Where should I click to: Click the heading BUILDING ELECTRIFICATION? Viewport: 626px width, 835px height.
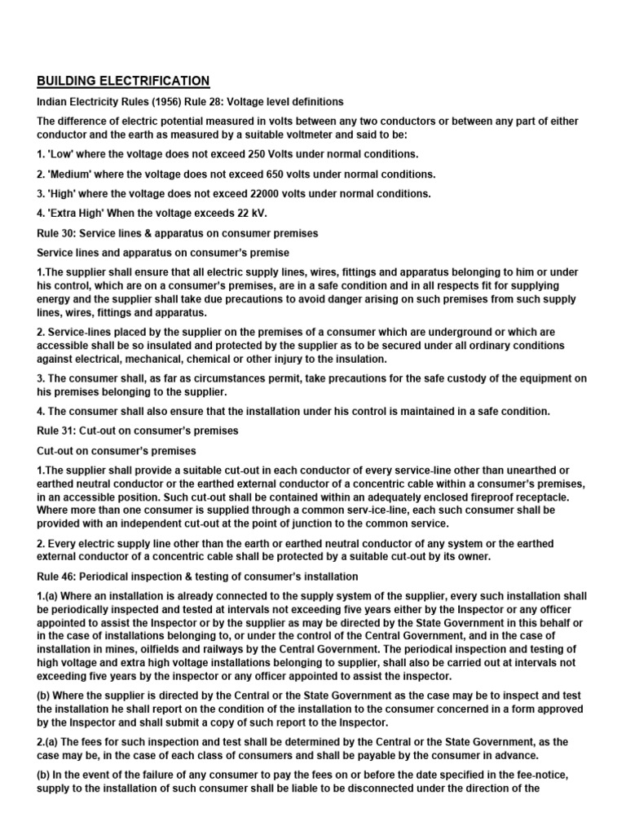123,81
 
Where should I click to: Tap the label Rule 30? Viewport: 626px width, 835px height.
57,233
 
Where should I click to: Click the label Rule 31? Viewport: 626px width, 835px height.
57,431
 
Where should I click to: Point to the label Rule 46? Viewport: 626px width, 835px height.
57,577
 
